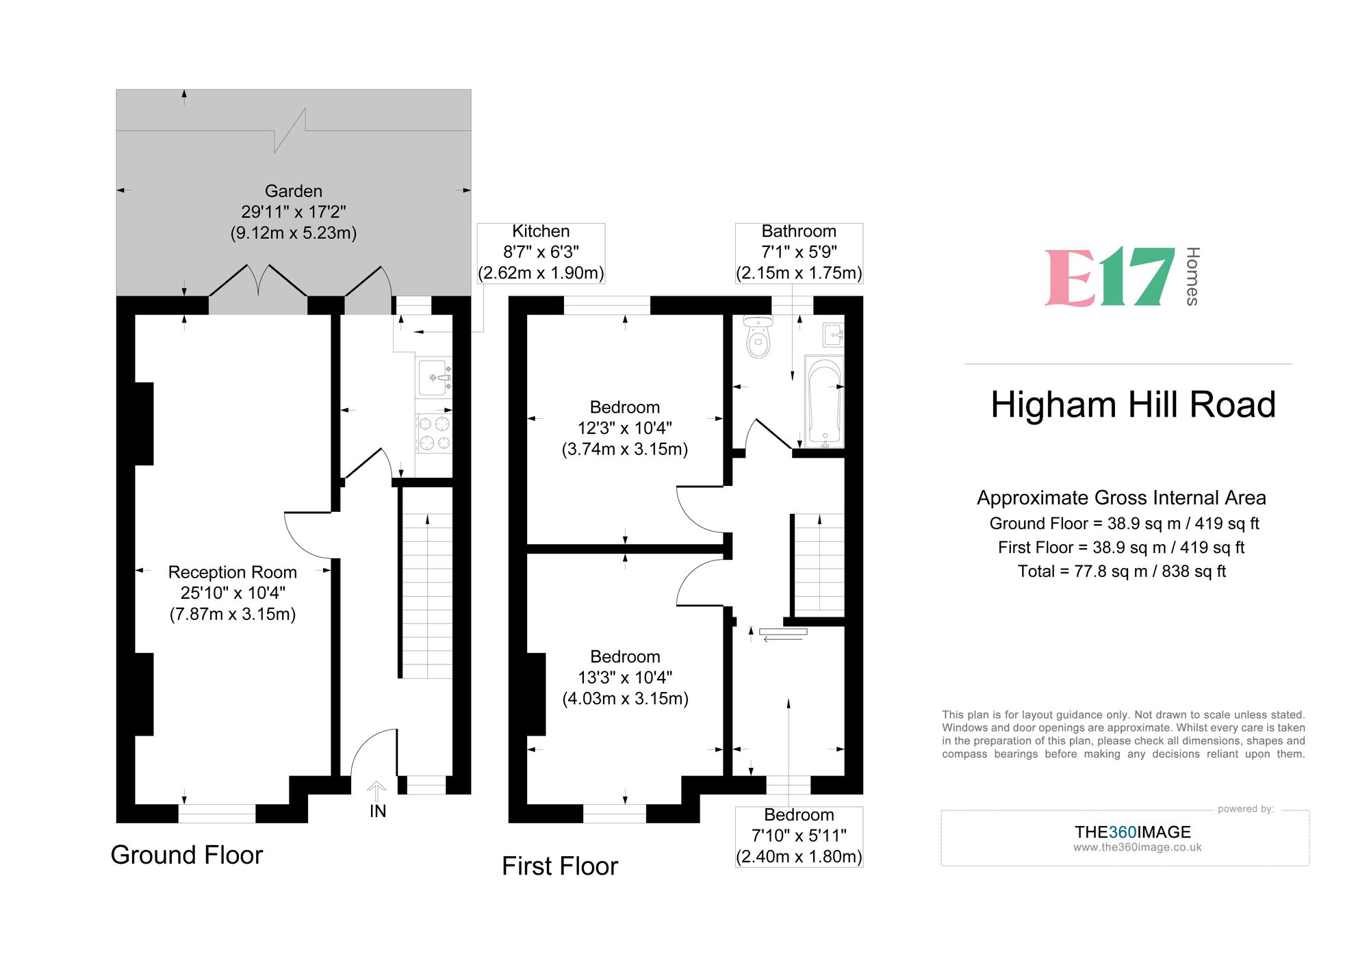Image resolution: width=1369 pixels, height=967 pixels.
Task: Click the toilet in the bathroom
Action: coord(758,337)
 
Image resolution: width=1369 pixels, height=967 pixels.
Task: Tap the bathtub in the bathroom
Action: coord(824,400)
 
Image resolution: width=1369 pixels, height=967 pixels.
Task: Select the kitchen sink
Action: coord(433,376)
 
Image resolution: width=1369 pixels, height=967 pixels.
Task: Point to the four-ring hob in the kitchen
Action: coord(434,433)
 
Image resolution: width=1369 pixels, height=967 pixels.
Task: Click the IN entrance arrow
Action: coord(377,794)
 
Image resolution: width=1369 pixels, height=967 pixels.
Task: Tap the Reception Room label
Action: coord(233,572)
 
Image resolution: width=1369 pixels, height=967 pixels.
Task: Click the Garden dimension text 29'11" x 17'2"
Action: coord(293,212)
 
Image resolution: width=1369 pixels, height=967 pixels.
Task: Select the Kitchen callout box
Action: coord(541,253)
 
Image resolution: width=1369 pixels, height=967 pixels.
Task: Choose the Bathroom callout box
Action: coord(799,253)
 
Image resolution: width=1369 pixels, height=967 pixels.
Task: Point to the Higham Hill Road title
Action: coord(1133,404)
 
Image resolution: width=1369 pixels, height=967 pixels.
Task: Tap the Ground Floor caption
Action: coord(187,855)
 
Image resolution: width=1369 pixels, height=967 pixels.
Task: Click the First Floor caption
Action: coord(560,866)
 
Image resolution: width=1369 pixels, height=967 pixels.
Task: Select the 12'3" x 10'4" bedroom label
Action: coord(625,428)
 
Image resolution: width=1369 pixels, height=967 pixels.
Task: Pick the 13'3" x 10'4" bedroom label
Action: coord(625,678)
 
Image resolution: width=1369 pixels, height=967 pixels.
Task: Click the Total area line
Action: coord(1121,571)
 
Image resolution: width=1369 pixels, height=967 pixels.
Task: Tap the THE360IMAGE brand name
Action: coord(1132,832)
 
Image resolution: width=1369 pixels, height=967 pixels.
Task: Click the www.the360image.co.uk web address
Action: coord(1137,847)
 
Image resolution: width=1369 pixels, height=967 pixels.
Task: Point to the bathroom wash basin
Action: coord(834,335)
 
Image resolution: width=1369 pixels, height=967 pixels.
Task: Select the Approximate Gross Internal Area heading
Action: coord(1121,498)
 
